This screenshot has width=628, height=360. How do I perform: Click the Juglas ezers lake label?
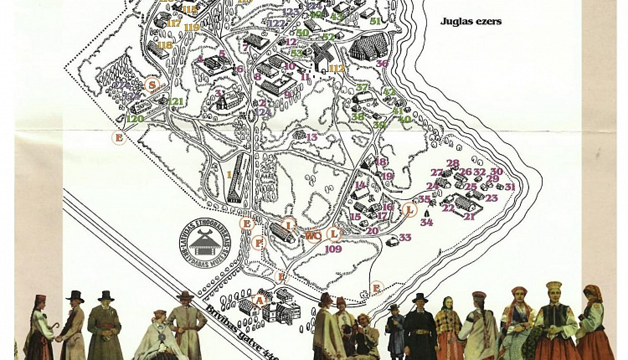471,21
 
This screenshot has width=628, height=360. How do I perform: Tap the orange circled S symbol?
153,85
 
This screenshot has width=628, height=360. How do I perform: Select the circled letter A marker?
260,300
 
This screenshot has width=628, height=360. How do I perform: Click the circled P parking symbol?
259,243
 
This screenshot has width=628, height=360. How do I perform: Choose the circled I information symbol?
288,225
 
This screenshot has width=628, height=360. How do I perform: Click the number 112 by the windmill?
337,69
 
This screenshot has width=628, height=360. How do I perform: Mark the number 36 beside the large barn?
381,64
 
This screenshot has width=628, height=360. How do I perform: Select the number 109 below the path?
333,249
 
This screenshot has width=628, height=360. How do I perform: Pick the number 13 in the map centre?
311,137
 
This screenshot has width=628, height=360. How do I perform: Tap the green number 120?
135,119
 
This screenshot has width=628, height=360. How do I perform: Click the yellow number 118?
165,45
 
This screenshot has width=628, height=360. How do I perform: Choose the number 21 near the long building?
469,216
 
